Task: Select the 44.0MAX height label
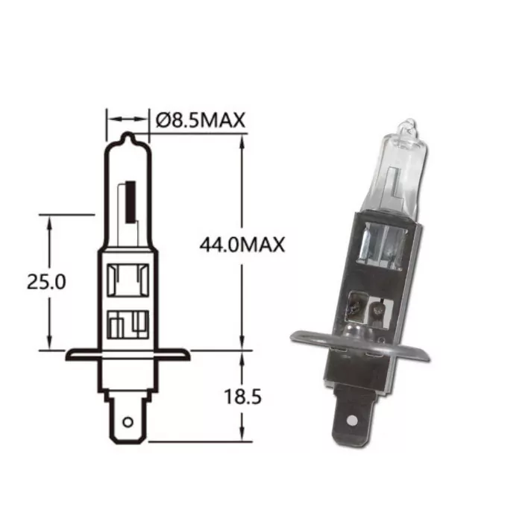click(x=242, y=245)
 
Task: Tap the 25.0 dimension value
click(x=46, y=282)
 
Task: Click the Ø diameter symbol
click(x=163, y=120)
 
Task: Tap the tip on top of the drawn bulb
click(x=128, y=137)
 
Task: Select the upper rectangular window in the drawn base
click(x=128, y=281)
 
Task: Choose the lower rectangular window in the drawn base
click(x=128, y=326)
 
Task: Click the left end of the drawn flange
click(x=69, y=355)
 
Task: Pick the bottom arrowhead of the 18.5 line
click(x=242, y=436)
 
